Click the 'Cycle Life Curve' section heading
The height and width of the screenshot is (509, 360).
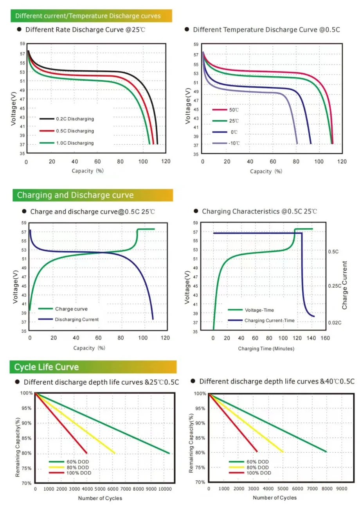47,367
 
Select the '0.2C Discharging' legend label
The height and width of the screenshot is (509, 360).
75,118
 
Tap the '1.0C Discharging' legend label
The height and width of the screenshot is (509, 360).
75,143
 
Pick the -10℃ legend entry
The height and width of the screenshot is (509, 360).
234,143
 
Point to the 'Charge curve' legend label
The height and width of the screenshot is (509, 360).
68,309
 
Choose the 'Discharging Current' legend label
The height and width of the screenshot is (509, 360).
77,319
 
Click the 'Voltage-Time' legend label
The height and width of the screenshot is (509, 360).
259,310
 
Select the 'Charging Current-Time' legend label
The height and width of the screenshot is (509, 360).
270,321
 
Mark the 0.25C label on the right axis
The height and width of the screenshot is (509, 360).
335,286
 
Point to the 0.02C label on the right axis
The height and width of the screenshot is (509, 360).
335,323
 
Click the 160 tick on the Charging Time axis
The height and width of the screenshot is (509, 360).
326,338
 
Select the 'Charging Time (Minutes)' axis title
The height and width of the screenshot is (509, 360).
266,348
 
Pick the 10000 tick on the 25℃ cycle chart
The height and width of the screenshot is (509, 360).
165,489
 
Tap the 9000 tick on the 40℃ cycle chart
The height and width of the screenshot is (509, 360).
342,488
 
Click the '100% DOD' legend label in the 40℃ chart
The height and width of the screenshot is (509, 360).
258,473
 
